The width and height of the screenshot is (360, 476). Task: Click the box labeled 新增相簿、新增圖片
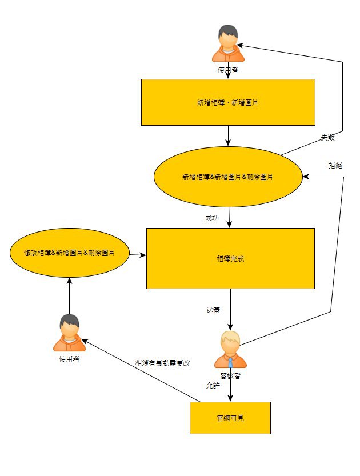[x=228, y=102]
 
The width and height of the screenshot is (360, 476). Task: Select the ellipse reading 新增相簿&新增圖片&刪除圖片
[x=227, y=177]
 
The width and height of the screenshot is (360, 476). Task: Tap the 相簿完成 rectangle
[x=230, y=258]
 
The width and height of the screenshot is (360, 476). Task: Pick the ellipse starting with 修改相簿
[x=69, y=253]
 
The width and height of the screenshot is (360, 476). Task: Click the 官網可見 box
[x=230, y=418]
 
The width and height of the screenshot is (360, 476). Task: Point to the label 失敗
[x=327, y=138]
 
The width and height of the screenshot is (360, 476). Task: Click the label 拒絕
[x=335, y=165]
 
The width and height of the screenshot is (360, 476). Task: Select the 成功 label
[x=211, y=218]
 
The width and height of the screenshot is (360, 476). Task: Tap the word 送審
[x=213, y=310]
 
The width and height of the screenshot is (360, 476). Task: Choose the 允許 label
[x=213, y=386]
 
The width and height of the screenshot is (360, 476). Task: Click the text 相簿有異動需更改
[x=162, y=363]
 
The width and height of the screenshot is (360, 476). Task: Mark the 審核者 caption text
[x=230, y=375]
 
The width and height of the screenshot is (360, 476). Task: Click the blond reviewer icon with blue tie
[x=230, y=349]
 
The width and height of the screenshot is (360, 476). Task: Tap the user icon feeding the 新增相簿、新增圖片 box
[x=228, y=43]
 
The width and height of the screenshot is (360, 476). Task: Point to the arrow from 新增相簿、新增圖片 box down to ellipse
[x=228, y=135]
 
